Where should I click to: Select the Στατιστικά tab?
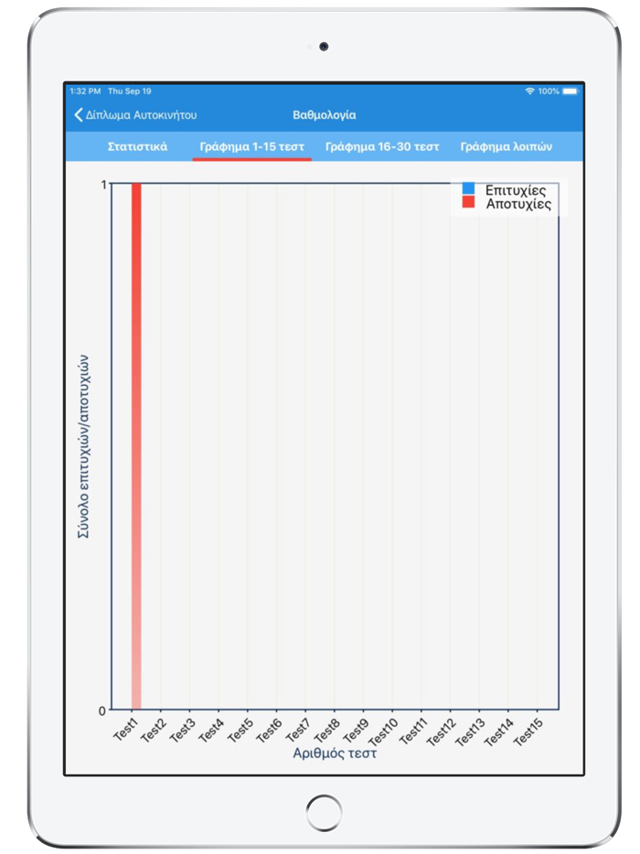[x=137, y=146]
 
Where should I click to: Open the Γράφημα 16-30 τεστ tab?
[x=382, y=146]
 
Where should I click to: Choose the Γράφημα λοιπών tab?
[x=506, y=146]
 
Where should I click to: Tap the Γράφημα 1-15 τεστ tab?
[x=252, y=146]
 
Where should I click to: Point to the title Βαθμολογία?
[x=324, y=115]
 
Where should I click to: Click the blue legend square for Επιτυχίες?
[x=468, y=189]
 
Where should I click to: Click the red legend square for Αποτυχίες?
[x=468, y=203]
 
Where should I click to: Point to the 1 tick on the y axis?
[x=103, y=185]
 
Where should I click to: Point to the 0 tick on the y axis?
[x=103, y=710]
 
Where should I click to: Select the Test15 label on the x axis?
[x=528, y=732]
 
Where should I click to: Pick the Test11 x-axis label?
[x=411, y=732]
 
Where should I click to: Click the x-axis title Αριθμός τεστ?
[x=335, y=754]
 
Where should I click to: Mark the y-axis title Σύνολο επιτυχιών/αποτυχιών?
[x=82, y=446]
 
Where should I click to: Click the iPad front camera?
[x=324, y=47]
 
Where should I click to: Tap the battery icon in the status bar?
[x=571, y=91]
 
